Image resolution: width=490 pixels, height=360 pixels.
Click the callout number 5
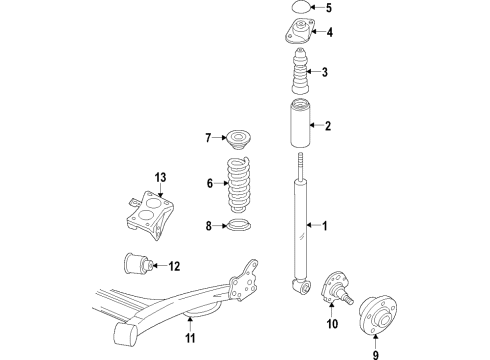tap(329, 8)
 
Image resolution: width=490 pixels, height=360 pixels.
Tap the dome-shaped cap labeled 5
tap(301, 7)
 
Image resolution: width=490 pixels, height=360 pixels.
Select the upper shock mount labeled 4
tap(299, 32)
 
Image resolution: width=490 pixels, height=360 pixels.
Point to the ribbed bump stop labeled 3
tap(301, 71)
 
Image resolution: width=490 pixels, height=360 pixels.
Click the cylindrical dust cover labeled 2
tap(300, 124)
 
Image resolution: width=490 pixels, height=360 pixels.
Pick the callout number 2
tap(328, 126)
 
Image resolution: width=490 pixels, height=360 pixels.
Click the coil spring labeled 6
tap(239, 185)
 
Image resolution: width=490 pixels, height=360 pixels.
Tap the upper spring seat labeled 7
tap(237, 139)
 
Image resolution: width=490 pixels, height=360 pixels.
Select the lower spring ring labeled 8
tap(238, 225)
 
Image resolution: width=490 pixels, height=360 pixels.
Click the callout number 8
tap(209, 226)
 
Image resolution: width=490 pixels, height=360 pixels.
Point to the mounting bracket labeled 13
tap(150, 214)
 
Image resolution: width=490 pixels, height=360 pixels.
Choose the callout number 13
tap(160, 177)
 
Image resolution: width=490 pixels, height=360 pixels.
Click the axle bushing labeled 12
tap(138, 263)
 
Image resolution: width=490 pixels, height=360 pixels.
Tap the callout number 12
tap(174, 266)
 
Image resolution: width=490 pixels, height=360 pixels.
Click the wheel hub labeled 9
tap(378, 314)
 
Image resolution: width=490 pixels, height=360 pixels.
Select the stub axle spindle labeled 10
tap(336, 289)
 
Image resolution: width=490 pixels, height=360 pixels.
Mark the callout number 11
tap(190, 338)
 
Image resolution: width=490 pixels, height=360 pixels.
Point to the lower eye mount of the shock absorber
tap(301, 286)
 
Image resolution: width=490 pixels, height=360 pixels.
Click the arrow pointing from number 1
tap(313, 225)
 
